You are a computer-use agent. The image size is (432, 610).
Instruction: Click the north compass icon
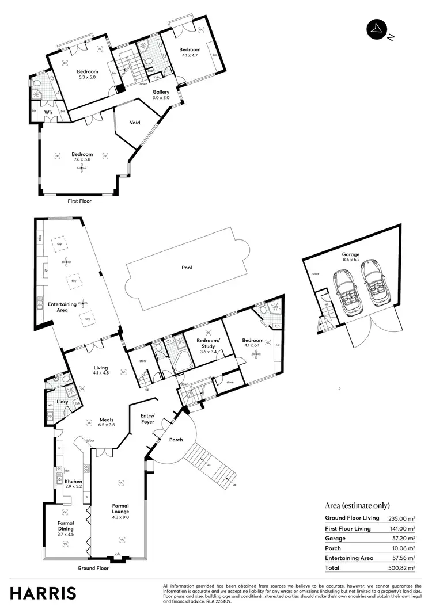[x=377, y=30]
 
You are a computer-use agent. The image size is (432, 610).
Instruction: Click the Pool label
[x=186, y=268]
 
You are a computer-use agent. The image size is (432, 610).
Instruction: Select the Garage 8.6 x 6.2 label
[x=350, y=257]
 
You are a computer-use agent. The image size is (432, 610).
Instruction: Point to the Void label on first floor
[x=135, y=123]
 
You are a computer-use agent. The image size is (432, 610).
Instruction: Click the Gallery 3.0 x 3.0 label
[x=161, y=95]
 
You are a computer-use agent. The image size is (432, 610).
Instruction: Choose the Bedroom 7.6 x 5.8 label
[x=82, y=157]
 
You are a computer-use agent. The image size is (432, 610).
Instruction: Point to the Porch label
[x=176, y=440]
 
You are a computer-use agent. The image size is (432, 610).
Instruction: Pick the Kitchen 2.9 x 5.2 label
[x=73, y=484]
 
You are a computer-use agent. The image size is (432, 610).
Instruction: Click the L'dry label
[x=62, y=402]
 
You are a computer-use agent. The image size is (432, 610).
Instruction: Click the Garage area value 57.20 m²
[x=403, y=538]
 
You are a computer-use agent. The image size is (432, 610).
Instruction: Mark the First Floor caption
[x=79, y=201]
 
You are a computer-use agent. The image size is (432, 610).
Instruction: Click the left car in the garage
[x=348, y=291]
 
